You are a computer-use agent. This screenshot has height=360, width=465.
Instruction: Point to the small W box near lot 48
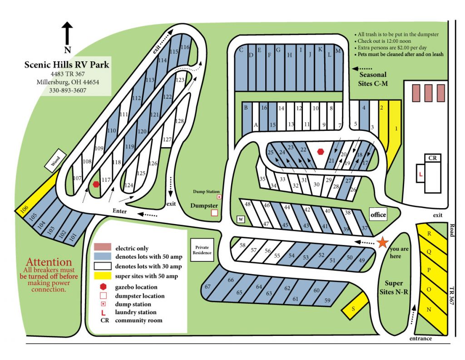point(241,220)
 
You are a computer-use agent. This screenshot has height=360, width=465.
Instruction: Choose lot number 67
point(208,287)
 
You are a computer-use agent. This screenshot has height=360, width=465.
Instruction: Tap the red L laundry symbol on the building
point(421,174)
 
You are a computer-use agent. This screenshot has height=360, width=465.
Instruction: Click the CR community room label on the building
point(432,158)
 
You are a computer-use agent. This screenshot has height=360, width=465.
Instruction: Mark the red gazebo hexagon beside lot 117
point(96,184)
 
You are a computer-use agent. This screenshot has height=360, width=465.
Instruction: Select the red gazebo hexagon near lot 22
point(321,151)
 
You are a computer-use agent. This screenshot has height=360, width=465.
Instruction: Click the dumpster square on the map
point(214,212)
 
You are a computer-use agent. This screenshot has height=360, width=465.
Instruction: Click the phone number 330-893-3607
point(67,90)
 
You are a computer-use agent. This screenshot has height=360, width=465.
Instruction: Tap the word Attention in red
point(49,262)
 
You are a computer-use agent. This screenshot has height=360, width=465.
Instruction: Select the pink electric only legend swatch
point(102,247)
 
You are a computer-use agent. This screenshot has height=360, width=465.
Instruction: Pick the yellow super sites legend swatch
point(102,276)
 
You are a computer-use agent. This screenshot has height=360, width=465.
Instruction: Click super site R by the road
point(429,234)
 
